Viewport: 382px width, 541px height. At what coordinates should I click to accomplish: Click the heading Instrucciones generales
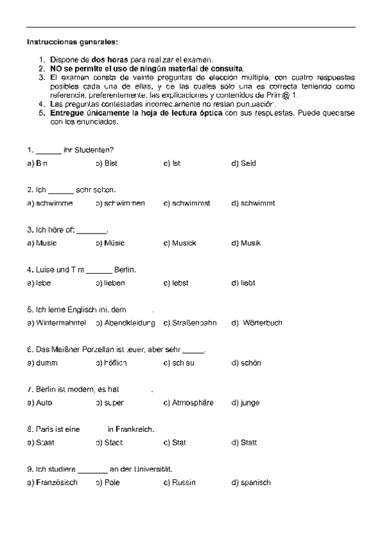click(72, 42)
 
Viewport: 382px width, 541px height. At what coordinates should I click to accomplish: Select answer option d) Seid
click(244, 163)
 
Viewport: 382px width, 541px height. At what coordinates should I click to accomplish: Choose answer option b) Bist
click(107, 163)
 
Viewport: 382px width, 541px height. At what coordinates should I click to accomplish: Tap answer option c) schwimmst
click(187, 204)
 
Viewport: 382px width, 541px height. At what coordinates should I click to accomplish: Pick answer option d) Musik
click(246, 243)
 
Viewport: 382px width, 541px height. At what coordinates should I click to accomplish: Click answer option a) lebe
click(40, 283)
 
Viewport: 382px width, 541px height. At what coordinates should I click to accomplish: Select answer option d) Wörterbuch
click(257, 323)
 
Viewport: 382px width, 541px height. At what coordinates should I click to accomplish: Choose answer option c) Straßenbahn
click(189, 323)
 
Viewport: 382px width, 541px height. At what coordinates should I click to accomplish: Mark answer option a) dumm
click(43, 363)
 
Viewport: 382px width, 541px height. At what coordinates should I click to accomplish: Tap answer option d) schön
click(246, 363)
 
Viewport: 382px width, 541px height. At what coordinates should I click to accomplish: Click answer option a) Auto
click(40, 403)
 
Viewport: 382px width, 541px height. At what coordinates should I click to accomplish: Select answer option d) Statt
click(244, 443)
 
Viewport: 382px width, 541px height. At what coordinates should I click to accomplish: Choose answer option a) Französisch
click(52, 482)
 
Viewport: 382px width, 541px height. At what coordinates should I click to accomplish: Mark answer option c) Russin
click(180, 482)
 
